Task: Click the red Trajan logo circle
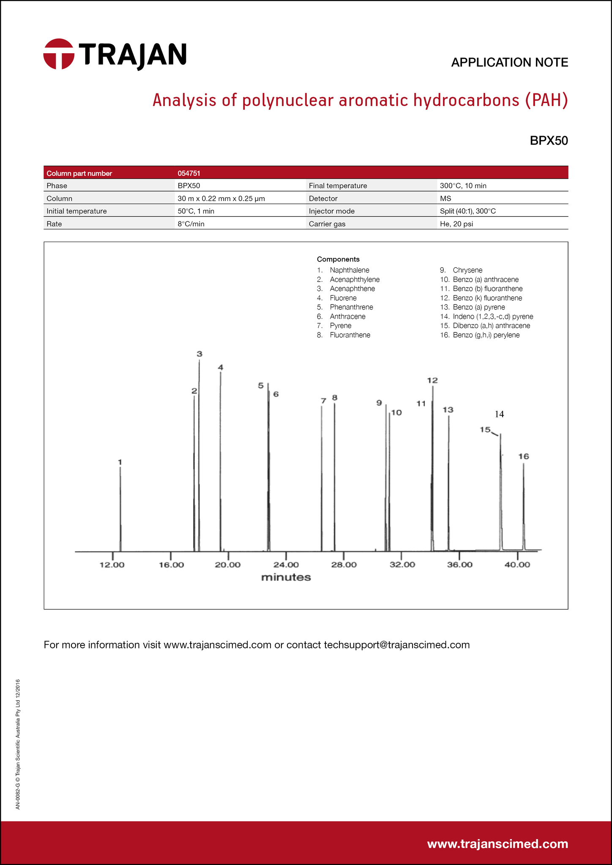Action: (59, 54)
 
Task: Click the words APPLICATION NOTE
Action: (509, 63)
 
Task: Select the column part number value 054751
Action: (189, 173)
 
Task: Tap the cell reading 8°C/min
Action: (191, 224)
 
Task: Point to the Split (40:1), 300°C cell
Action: (468, 211)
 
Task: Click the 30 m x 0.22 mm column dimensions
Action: (221, 199)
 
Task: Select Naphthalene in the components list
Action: (349, 270)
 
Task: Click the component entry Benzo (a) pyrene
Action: (478, 307)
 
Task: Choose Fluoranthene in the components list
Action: (350, 335)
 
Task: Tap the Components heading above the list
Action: (338, 259)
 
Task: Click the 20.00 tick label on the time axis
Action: (228, 565)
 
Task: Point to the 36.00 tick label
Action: (459, 565)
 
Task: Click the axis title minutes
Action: (286, 577)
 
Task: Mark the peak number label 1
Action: (120, 462)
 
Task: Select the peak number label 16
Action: (523, 456)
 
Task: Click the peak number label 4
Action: (220, 367)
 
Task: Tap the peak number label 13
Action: (448, 410)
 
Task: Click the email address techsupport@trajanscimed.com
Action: (396, 645)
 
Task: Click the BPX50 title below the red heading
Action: (549, 141)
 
